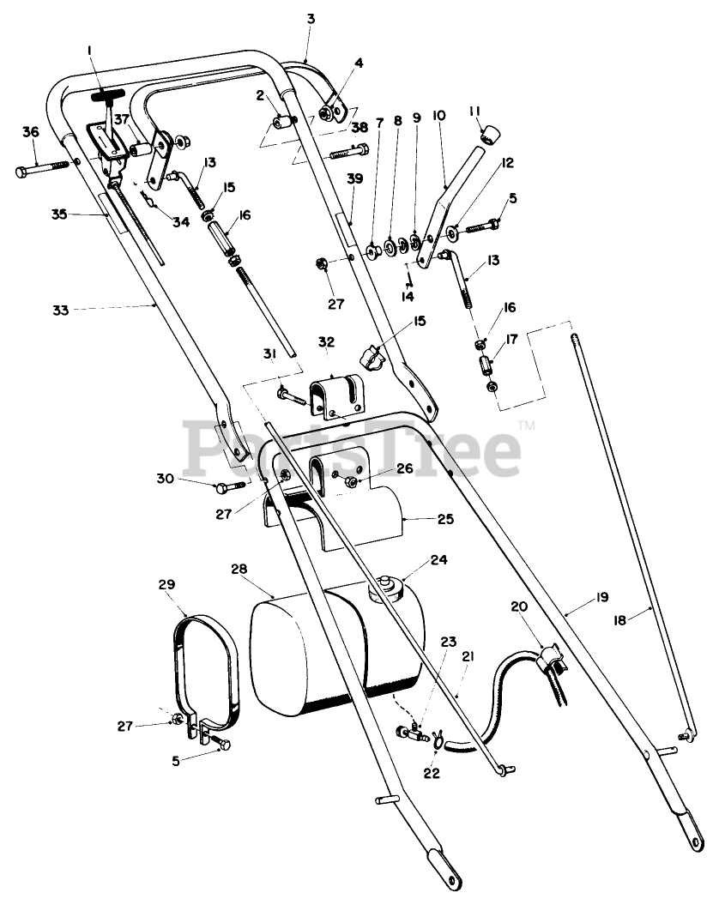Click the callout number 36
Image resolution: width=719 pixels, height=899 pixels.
click(31, 132)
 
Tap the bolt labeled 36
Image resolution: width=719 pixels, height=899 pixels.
click(38, 167)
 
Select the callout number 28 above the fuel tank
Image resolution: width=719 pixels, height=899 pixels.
click(239, 570)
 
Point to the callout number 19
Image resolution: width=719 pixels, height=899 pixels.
click(600, 597)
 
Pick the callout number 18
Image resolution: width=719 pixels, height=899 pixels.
click(625, 622)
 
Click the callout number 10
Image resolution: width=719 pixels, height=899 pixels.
click(438, 115)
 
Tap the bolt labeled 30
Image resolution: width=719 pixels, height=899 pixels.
click(227, 489)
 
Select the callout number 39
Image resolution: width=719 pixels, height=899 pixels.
click(355, 178)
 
